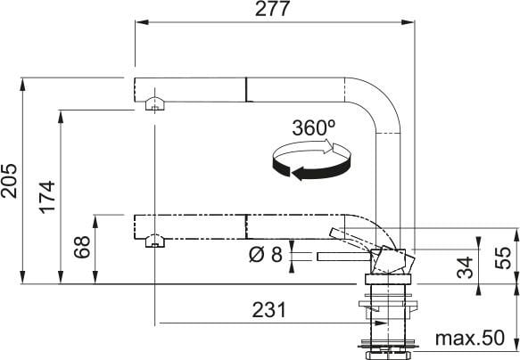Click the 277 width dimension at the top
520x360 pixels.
[274, 11]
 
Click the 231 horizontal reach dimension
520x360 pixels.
[268, 310]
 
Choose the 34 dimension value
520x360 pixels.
[464, 267]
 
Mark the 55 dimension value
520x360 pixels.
[504, 257]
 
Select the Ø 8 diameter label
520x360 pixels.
[265, 256]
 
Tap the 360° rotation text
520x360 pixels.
[314, 128]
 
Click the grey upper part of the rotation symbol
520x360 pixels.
[308, 153]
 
